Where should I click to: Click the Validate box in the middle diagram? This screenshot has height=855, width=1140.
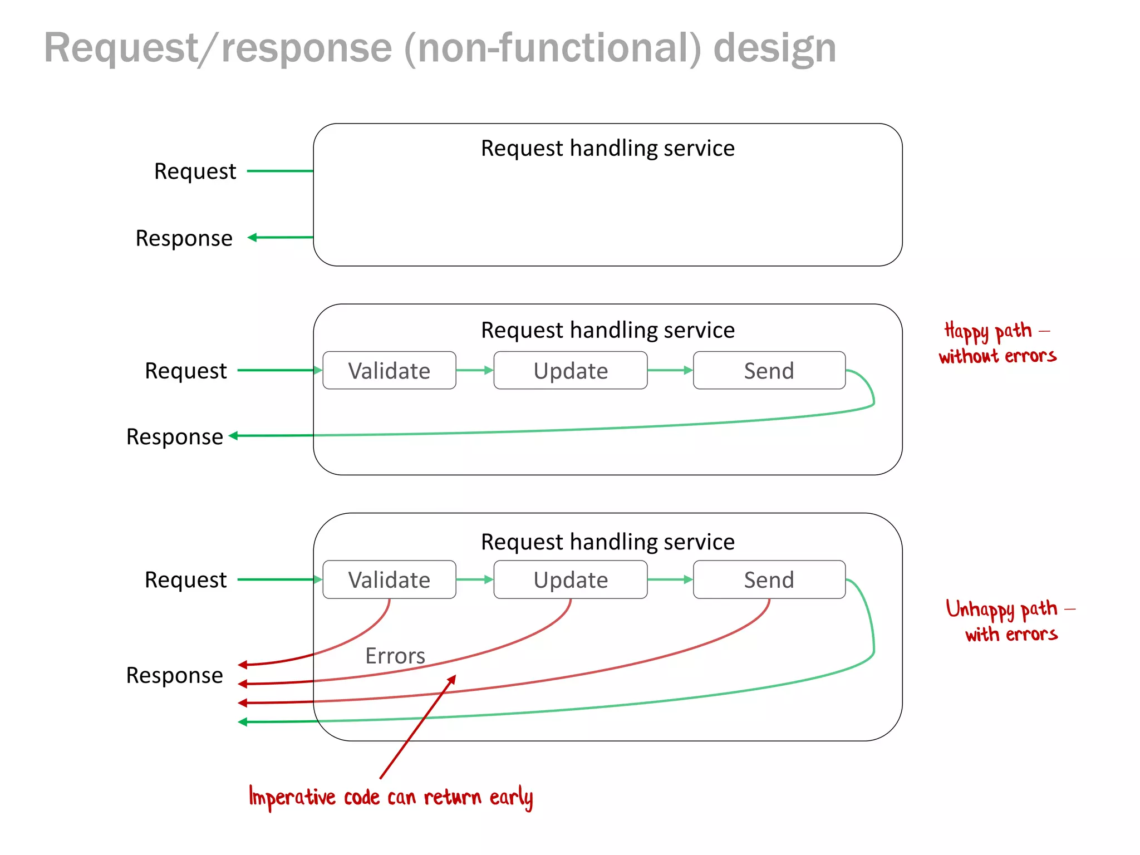pos(389,371)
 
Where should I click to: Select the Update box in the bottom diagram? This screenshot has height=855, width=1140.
pos(571,580)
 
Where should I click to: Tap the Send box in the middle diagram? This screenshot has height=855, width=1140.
pos(769,371)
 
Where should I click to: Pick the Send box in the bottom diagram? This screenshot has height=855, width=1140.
pos(769,580)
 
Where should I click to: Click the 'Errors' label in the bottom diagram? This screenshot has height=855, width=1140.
pos(395,656)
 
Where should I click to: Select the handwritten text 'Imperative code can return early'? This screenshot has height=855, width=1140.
pos(391,797)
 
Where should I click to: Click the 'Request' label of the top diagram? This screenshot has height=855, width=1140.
pos(195,171)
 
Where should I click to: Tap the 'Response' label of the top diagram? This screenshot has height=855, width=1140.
pos(184,238)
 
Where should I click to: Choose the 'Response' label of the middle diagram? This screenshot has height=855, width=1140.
pos(174,437)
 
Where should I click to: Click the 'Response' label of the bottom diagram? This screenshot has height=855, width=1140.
pos(174,675)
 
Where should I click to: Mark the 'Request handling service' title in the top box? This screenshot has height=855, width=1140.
pos(607,149)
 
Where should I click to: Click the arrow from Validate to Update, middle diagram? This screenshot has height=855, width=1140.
pos(474,370)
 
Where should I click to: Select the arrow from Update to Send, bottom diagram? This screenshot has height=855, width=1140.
pos(670,579)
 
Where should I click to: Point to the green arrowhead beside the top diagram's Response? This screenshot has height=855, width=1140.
pos(252,238)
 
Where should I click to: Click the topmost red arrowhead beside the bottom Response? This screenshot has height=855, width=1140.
pos(243,665)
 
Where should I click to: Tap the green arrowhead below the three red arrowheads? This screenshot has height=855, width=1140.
pos(243,722)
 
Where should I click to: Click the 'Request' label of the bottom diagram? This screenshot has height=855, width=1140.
pos(185,580)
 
